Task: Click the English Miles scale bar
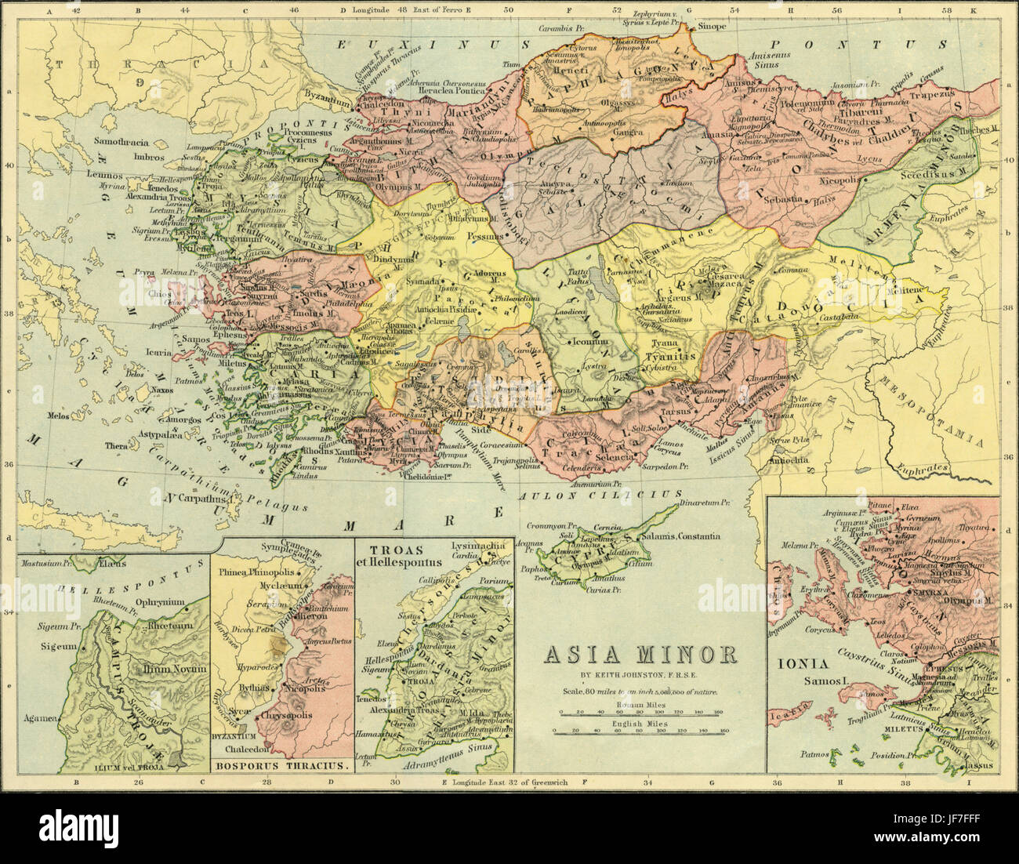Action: coord(640,731)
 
